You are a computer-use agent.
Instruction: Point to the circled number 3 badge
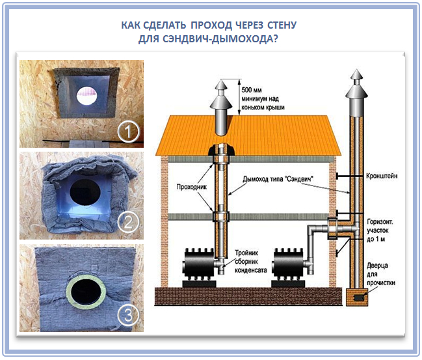[x=129, y=316]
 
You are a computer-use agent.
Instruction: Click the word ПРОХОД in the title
[x=213, y=26]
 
